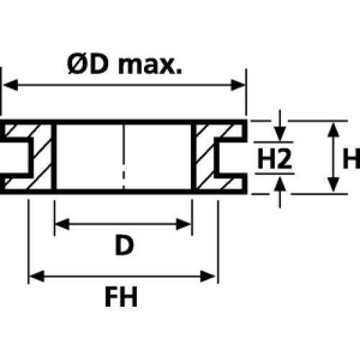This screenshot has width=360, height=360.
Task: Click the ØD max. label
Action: click(125, 64)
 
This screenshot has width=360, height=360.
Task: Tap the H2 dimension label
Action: click(274, 158)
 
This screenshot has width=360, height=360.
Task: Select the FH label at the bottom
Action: click(121, 297)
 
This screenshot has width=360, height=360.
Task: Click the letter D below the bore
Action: click(124, 246)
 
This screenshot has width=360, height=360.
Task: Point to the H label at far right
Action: click(351, 158)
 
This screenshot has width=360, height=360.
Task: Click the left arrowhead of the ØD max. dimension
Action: click(11, 85)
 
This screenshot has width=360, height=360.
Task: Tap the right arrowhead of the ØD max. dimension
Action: click(238, 85)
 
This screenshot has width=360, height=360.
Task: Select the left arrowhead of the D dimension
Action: click(63, 224)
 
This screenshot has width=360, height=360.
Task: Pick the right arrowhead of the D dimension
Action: click(184, 224)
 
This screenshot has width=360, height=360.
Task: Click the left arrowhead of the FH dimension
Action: click(37, 276)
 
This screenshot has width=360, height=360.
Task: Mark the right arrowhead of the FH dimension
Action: click(208, 276)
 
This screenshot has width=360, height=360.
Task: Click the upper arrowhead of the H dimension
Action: click(333, 130)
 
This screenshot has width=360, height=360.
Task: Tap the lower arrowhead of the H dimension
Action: click(333, 184)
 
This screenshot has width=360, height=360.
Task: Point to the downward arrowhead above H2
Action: click(280, 134)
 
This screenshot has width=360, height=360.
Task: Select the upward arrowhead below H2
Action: click(280, 184)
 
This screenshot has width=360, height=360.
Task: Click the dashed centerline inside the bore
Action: click(124, 157)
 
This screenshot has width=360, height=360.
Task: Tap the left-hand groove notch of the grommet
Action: click(16, 157)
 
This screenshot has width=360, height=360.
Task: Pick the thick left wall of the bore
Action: click(54, 157)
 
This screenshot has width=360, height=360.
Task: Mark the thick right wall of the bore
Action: click(194, 157)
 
